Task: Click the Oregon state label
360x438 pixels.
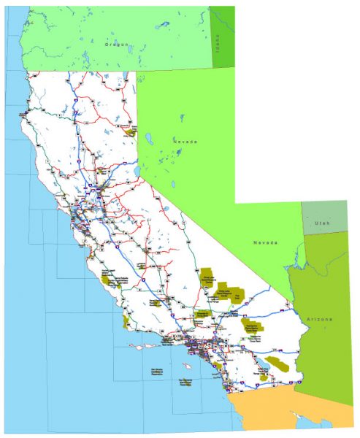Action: click(116, 45)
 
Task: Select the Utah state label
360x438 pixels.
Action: click(322, 222)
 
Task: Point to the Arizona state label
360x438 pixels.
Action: click(319, 320)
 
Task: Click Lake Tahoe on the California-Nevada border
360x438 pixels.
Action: click(136, 174)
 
